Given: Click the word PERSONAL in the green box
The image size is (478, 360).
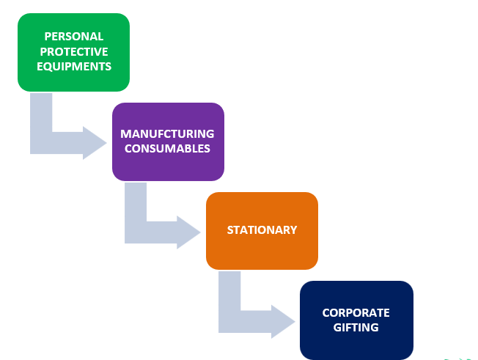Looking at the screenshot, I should click(x=73, y=36).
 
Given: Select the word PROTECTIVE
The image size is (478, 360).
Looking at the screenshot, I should click(x=73, y=51).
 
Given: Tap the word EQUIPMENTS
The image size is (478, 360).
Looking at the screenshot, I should click(x=73, y=66).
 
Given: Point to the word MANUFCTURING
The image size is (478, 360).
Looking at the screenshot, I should click(x=167, y=134).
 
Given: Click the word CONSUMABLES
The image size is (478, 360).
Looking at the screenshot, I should click(x=167, y=149).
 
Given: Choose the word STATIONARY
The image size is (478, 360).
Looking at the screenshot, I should click(x=262, y=230).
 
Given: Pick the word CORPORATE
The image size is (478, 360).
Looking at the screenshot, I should click(x=356, y=312).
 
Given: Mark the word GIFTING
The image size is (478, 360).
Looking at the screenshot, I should click(x=356, y=327).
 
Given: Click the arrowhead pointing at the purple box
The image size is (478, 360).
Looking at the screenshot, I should click(x=95, y=142).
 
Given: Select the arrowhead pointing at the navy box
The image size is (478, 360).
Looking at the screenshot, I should click(x=283, y=320).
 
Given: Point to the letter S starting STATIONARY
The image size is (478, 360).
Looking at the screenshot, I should click(x=230, y=230).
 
